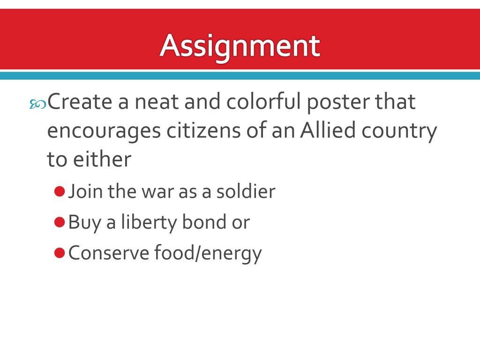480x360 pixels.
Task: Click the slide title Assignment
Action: (240, 46)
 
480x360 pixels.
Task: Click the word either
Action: (101, 159)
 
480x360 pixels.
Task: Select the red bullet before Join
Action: (59, 191)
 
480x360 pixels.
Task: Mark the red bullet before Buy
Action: (59, 222)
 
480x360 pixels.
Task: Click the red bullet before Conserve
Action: (59, 253)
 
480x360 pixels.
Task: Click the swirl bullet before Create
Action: (37, 105)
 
